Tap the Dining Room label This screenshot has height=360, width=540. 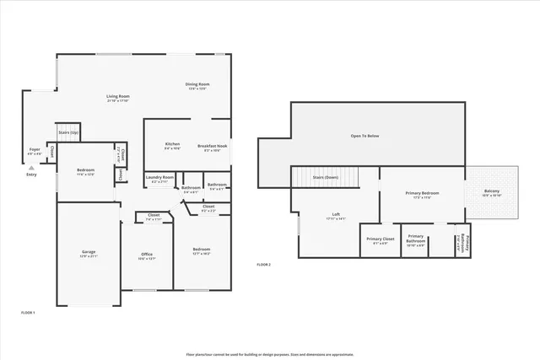pos(197,84)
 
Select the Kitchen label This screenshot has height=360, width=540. pos(172,144)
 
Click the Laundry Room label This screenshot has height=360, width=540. pos(159,177)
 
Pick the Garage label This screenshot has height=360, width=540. pos(88,252)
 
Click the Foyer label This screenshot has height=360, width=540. pos(34,149)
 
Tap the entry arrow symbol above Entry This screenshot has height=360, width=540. pos(31,167)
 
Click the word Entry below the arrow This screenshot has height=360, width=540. pos(31,175)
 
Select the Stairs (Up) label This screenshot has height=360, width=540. pos(68,133)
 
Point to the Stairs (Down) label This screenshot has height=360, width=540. pos(325,178)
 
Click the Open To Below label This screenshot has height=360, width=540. pos(364,135)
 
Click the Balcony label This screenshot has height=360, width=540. pos(491,191)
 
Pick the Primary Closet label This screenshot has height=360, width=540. pos(380,239)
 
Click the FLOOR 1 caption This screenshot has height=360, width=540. pos(33,312)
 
